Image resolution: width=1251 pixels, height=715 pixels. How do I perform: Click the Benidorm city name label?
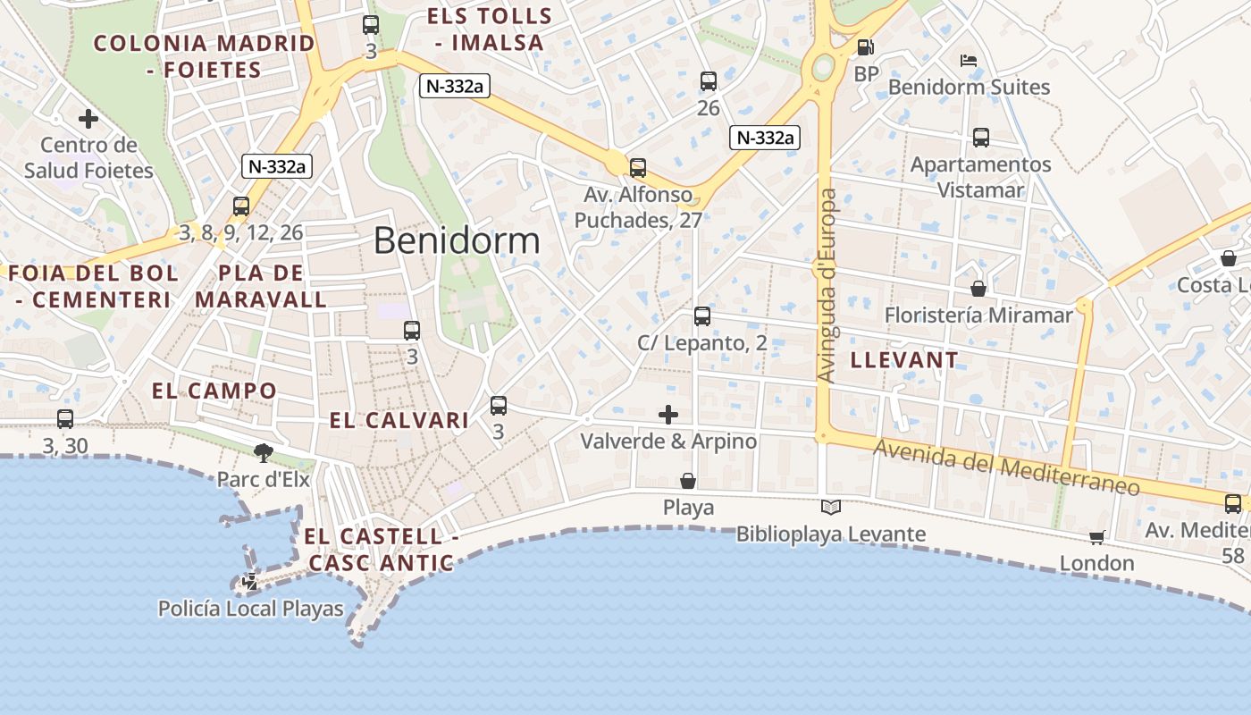457,240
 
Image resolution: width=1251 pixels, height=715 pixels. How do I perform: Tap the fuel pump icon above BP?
865,47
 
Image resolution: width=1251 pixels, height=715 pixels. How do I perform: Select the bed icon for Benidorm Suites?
968,61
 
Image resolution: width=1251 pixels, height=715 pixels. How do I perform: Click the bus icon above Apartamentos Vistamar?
981,138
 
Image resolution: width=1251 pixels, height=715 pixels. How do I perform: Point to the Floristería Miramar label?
978,315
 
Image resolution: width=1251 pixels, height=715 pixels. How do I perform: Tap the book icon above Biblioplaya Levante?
831,508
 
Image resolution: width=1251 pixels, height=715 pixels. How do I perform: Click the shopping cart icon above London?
1096,537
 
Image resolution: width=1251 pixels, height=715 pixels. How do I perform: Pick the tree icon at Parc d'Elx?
263,452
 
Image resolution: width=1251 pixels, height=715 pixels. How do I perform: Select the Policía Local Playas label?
250,610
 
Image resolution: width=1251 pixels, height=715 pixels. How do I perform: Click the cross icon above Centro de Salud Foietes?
88,118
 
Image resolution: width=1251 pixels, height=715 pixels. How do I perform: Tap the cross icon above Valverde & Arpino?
668,415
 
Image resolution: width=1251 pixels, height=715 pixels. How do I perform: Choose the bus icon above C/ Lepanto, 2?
702,316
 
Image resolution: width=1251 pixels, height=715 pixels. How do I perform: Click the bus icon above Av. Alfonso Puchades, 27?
638,168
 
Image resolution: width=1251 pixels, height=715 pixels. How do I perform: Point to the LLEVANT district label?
904,360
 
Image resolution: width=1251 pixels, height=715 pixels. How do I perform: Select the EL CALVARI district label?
399,420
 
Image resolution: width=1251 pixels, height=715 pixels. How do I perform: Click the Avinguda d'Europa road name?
827,286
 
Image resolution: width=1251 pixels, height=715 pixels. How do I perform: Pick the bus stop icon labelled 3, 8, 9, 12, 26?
241,206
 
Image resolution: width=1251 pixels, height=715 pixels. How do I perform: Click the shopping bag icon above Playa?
688,481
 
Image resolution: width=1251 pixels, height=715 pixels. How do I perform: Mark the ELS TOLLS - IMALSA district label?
489,29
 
